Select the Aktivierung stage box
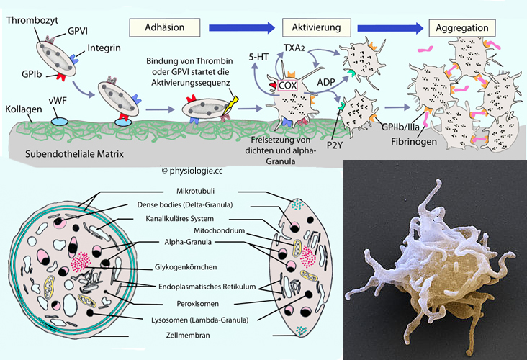click(315, 28)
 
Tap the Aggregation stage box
click(464, 28)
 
